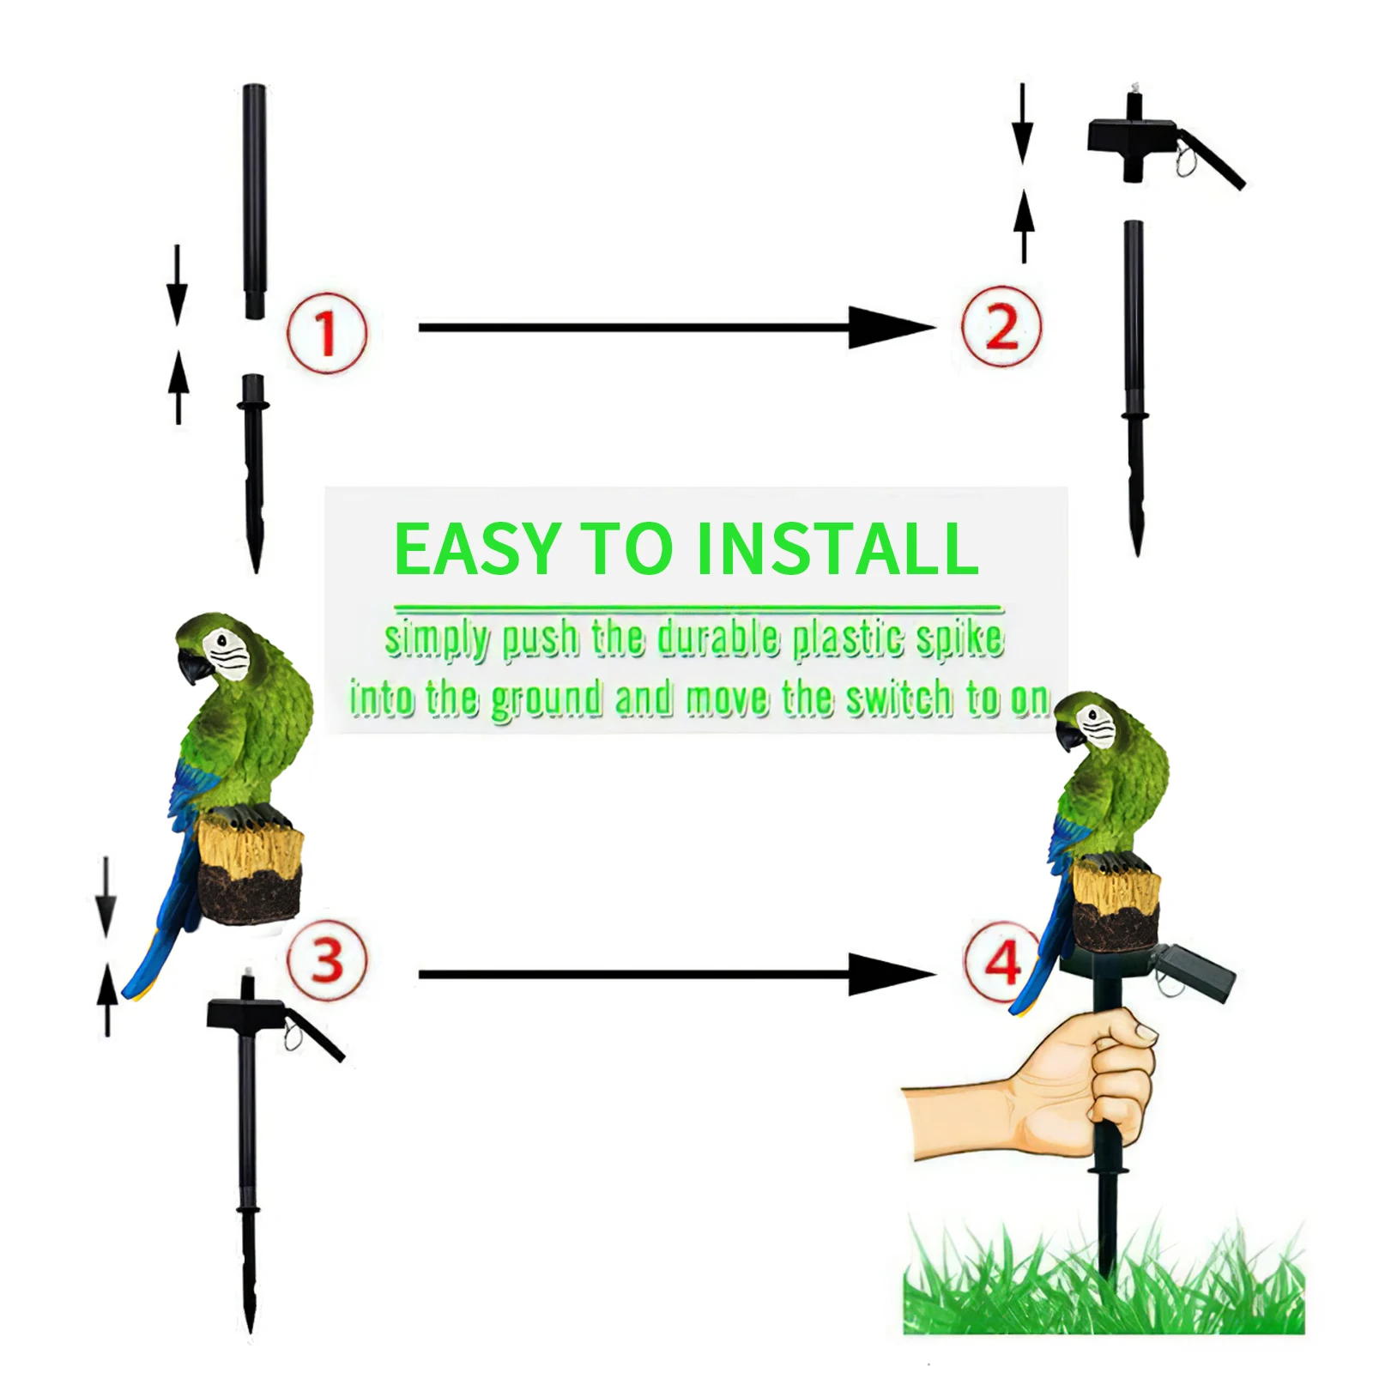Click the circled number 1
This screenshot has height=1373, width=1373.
pyautogui.click(x=327, y=333)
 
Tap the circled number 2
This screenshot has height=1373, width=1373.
pyautogui.click(x=1001, y=327)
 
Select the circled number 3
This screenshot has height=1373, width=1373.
pyautogui.click(x=327, y=959)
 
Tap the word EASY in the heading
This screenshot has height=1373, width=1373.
pyautogui.click(x=476, y=549)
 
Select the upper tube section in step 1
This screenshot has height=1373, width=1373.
pyautogui.click(x=255, y=202)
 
